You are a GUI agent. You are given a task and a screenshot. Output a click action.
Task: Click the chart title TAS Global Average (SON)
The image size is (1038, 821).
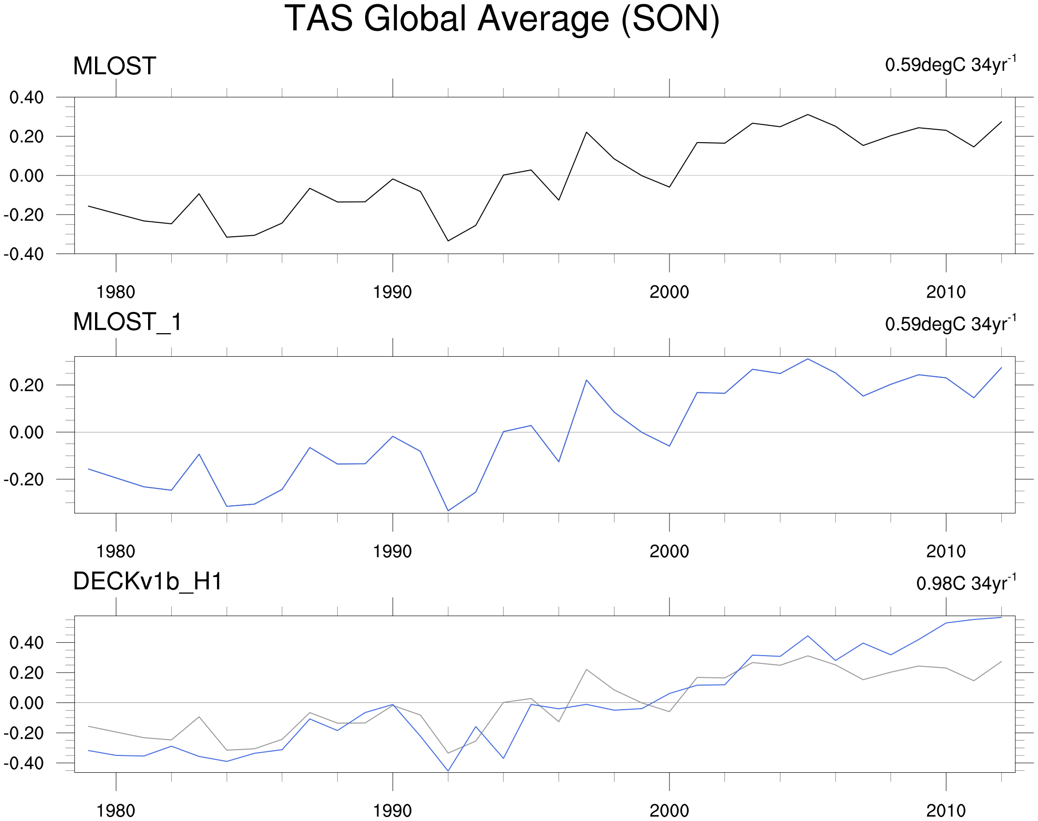(x=502, y=19)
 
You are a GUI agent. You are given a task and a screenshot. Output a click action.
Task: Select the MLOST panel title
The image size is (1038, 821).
(x=114, y=66)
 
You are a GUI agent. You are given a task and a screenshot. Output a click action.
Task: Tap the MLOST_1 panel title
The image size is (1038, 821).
(x=127, y=322)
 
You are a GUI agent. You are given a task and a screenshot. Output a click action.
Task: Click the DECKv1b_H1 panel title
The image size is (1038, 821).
(x=148, y=581)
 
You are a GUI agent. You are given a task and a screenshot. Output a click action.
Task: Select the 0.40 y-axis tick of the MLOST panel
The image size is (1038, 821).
(x=27, y=97)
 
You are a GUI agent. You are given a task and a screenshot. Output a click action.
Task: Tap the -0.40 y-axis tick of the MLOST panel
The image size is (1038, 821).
(x=24, y=254)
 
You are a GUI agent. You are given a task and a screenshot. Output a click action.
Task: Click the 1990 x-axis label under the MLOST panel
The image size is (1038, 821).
(x=392, y=292)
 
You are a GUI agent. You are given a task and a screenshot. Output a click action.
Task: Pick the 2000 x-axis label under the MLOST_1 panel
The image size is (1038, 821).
(x=669, y=552)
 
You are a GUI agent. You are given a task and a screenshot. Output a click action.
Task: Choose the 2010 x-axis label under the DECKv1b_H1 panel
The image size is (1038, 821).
(x=945, y=811)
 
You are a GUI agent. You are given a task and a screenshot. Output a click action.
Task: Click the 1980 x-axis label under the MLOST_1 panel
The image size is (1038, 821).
(x=116, y=552)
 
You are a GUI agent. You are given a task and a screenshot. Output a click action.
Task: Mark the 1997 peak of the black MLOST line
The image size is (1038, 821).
(x=587, y=132)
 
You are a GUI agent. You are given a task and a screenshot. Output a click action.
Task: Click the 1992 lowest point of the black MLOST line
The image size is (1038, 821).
(x=448, y=241)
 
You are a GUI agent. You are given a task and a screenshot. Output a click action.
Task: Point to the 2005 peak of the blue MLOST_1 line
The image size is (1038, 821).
(x=808, y=359)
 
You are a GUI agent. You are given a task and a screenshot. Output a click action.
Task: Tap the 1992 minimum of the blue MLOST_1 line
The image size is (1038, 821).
(x=448, y=511)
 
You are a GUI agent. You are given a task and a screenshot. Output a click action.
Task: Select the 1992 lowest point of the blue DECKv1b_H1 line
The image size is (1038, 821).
(x=448, y=771)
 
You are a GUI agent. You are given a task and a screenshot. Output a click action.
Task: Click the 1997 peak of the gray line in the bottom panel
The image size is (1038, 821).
(x=587, y=669)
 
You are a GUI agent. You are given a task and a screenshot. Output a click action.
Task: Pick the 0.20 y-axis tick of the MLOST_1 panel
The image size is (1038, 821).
(x=27, y=385)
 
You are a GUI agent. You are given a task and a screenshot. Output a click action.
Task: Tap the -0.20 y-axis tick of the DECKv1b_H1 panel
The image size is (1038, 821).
(x=24, y=733)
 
